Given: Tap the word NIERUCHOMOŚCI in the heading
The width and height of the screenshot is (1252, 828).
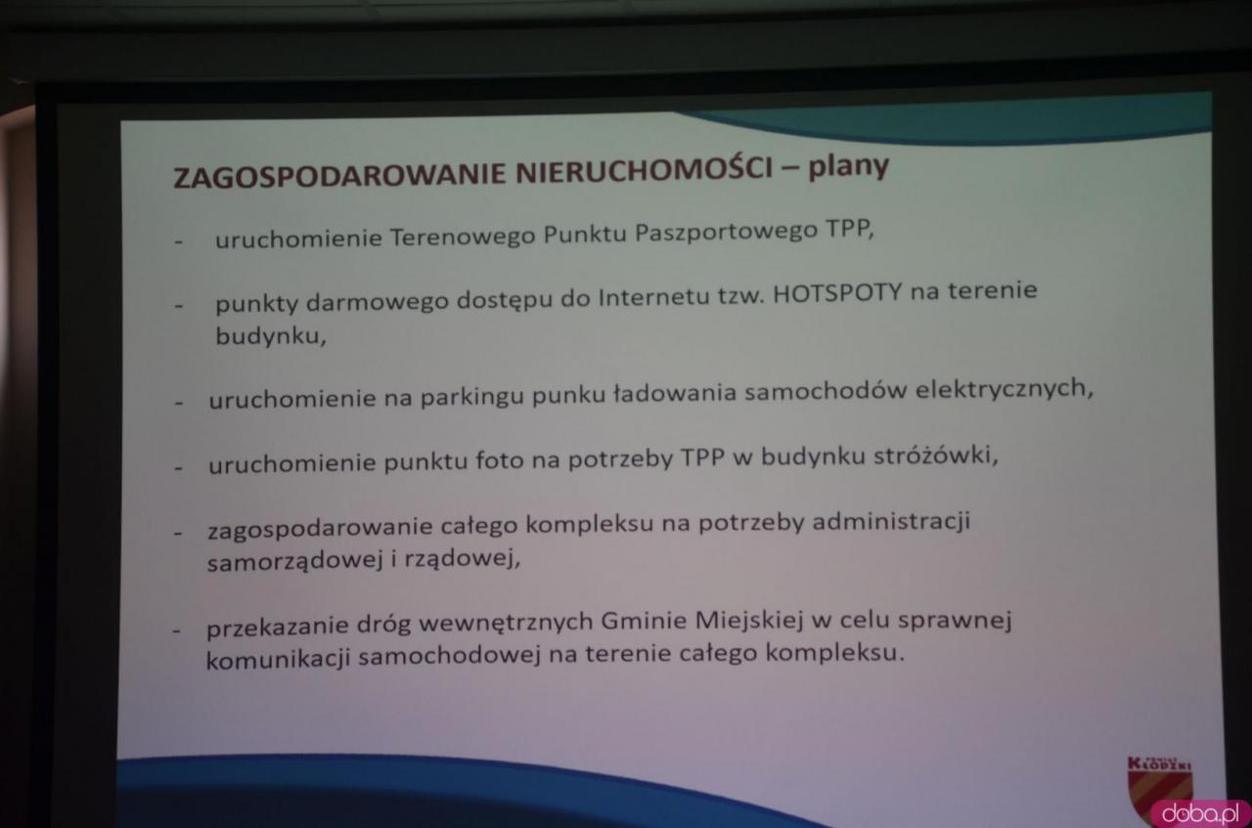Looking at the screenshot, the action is click(644, 170).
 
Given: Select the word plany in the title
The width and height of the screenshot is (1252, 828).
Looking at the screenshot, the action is click(848, 166).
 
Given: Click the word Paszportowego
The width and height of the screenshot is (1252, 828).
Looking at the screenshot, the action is click(726, 233).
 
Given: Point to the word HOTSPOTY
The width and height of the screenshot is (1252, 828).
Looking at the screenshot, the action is click(837, 292).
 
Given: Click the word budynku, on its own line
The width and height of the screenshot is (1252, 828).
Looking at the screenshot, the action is click(271, 336).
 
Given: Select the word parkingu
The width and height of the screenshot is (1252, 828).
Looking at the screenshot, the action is click(472, 397).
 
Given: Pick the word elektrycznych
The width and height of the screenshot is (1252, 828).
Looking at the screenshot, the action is click(1004, 389).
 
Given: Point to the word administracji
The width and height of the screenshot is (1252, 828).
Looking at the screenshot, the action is click(891, 522).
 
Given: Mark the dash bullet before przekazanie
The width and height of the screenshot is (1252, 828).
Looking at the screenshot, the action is click(177, 631).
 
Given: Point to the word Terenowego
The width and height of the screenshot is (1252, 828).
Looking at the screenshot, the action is click(463, 237).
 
